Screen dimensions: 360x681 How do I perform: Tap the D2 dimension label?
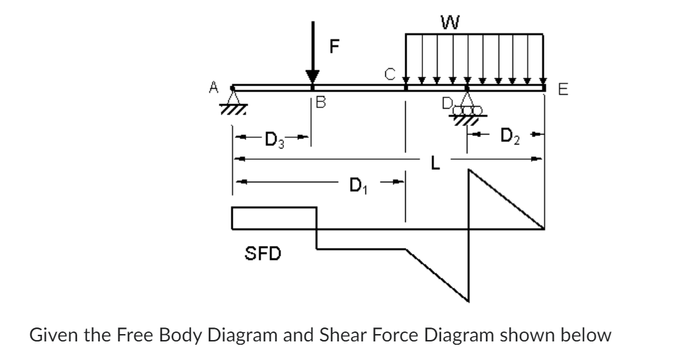(x=509, y=139)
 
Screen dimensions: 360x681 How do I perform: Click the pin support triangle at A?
(x=233, y=97)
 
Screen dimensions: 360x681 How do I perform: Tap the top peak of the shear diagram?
(x=469, y=172)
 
